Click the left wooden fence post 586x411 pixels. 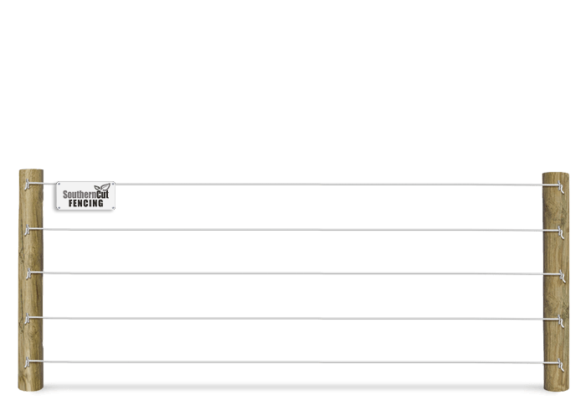(x=31, y=281)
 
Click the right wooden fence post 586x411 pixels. (x=555, y=281)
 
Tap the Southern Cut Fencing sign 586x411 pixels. (x=84, y=197)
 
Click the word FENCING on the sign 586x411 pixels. (x=86, y=203)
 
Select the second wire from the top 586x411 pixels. (x=293, y=229)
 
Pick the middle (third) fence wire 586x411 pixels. (x=293, y=273)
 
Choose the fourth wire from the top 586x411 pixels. (x=293, y=318)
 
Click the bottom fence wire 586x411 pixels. (x=293, y=362)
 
